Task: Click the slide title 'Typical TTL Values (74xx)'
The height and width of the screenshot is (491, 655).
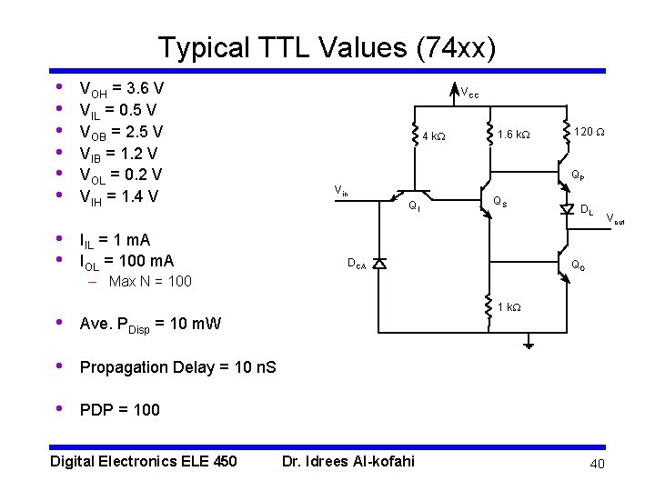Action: point(327,47)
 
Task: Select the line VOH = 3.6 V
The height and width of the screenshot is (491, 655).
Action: point(122,89)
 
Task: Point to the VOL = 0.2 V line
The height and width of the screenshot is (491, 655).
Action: point(121,175)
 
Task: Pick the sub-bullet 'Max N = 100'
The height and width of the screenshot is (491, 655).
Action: point(150,281)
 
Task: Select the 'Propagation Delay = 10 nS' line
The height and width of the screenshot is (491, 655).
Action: point(177,367)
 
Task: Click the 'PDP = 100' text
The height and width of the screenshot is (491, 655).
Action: point(119,410)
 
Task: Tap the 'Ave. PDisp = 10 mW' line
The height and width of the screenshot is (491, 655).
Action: point(150,324)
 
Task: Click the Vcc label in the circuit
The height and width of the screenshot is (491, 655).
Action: point(469,92)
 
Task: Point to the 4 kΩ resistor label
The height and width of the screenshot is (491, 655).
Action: point(434,136)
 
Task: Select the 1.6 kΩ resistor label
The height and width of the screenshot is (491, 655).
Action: point(514,135)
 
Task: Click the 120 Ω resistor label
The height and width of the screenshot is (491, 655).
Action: point(590,133)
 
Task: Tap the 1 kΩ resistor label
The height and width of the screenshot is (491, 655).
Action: point(509,307)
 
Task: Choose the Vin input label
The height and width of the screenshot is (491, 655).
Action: point(341,191)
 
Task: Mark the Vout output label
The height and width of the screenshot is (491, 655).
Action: point(616,218)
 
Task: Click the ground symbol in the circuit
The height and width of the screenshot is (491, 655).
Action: point(529,344)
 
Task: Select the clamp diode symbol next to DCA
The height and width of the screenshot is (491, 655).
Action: point(379,263)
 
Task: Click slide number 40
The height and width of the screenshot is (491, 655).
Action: point(596,465)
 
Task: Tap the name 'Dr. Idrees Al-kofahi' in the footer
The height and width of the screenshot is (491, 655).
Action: point(348,461)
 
